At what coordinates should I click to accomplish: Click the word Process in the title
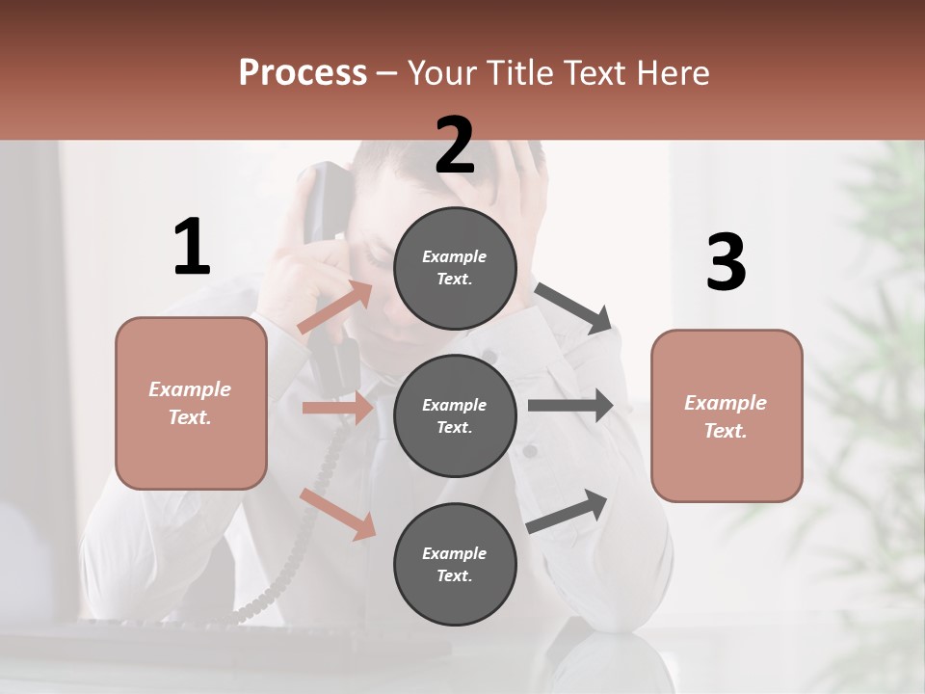pos(303,72)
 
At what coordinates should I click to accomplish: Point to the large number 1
pos(192,248)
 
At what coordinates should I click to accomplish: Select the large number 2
pos(455,146)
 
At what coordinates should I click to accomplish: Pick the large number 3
pos(726,263)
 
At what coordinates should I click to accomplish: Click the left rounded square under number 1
pos(191,403)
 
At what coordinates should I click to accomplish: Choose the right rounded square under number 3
pos(727,416)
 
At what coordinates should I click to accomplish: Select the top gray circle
pos(455,267)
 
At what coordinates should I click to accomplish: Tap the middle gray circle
pos(455,415)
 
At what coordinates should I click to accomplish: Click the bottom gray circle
pos(455,564)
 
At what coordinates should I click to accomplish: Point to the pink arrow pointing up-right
pos(334,307)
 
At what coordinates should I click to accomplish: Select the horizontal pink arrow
pos(337,408)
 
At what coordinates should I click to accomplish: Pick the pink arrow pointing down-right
pos(337,514)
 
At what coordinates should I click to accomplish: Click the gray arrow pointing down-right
pos(573,307)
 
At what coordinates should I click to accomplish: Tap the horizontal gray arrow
pos(570,406)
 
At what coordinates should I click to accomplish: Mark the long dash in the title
pos(387,73)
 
